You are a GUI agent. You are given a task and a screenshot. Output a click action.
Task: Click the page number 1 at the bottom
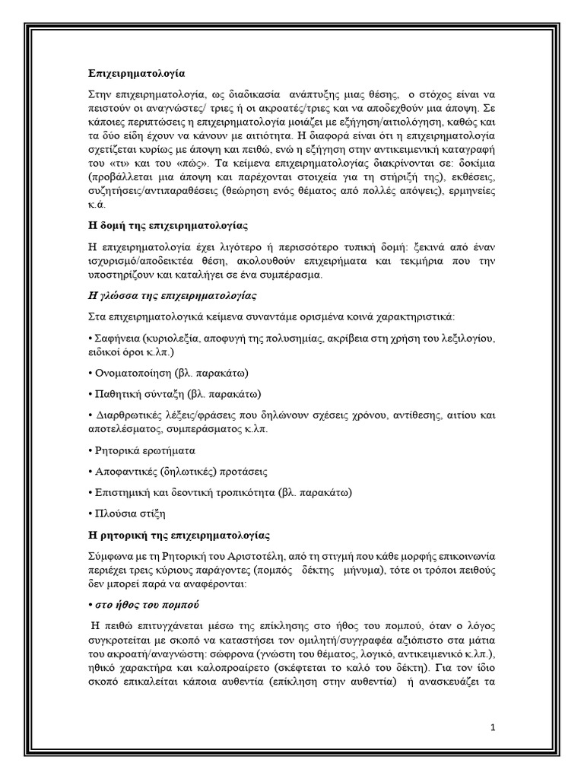pyautogui.click(x=493, y=727)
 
